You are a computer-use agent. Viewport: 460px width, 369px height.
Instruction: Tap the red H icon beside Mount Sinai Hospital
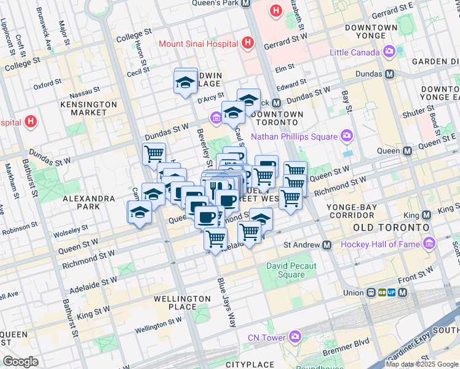click(x=247, y=43)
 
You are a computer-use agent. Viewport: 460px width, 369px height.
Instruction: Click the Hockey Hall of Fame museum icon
click(x=429, y=244)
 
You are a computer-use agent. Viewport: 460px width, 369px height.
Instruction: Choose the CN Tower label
click(x=266, y=338)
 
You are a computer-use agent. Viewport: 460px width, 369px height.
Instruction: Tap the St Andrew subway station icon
click(x=327, y=245)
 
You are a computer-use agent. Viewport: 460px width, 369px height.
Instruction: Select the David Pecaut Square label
click(x=291, y=270)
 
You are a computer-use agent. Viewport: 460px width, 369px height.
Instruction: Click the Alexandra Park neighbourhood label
click(x=89, y=202)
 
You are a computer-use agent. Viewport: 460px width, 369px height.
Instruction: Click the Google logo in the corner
click(x=20, y=362)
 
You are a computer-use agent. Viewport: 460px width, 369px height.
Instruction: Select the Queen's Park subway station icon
click(x=246, y=3)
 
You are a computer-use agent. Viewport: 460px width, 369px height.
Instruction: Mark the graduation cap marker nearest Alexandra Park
click(x=140, y=213)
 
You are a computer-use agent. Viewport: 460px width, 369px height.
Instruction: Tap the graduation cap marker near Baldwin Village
click(x=186, y=81)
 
